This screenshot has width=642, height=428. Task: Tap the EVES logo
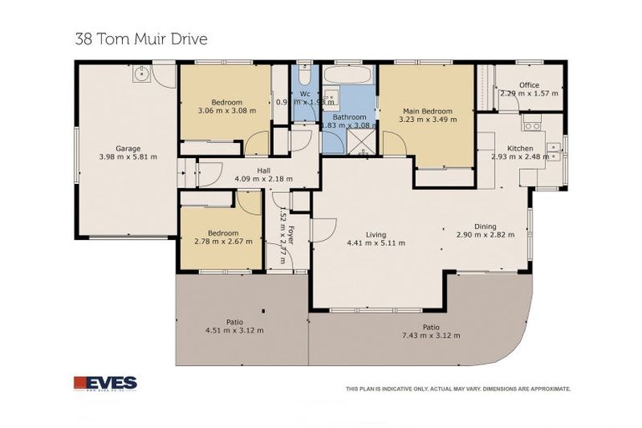(105, 383)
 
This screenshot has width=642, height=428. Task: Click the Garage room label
(128, 148)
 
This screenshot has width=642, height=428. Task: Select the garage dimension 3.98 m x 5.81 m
(128, 156)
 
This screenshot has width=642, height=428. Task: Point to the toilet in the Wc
(304, 72)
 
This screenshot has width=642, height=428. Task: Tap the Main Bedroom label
(427, 111)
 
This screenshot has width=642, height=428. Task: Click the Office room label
(528, 84)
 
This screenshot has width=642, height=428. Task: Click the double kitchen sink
(553, 151)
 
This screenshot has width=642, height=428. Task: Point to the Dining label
(485, 227)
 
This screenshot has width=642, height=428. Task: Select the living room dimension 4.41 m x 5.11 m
(376, 243)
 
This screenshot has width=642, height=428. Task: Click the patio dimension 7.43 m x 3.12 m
(431, 335)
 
